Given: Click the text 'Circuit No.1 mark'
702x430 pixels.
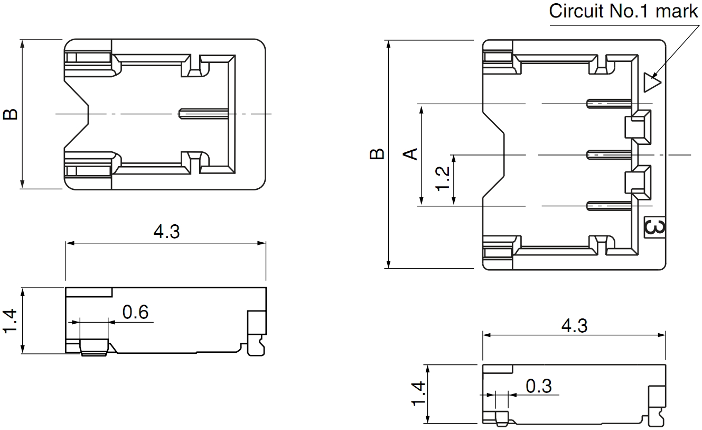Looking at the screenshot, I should click(x=623, y=11).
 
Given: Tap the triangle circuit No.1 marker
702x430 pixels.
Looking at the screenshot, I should click(x=652, y=83).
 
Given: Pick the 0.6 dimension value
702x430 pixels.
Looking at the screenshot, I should click(x=135, y=313).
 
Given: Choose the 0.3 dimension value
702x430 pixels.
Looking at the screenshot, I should click(x=539, y=386).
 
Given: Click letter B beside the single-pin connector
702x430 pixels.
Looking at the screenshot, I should click(x=11, y=114).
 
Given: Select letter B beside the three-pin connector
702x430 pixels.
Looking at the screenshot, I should click(x=377, y=154).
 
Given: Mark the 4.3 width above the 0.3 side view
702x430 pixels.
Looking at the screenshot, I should click(x=574, y=325).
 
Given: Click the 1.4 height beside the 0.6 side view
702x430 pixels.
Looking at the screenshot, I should click(x=11, y=321).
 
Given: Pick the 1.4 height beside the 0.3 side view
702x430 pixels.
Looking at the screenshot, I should click(x=417, y=394).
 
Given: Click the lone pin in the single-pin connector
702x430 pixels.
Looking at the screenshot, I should click(x=203, y=114).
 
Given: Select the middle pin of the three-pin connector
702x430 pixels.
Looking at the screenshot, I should click(x=610, y=154).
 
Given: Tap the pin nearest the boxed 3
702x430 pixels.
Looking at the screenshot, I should click(x=610, y=206).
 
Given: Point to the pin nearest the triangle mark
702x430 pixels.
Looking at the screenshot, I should click(x=610, y=104).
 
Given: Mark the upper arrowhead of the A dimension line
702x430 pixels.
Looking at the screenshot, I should click(x=422, y=108).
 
